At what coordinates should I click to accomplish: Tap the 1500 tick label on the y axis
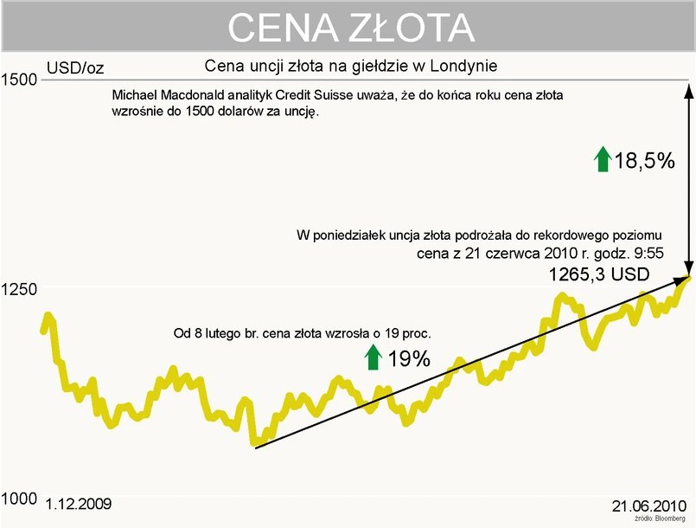point(20,80)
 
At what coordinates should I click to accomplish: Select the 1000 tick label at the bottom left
point(19,499)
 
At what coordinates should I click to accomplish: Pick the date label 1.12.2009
point(78,503)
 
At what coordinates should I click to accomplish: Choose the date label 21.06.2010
point(648,505)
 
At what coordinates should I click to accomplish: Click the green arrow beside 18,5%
point(602,158)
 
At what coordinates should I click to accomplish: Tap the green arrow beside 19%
point(373,357)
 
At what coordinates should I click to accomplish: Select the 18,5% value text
point(645,159)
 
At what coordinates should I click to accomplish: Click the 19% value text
point(409,358)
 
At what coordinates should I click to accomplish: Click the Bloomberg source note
point(654,518)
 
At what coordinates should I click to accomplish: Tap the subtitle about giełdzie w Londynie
point(351,66)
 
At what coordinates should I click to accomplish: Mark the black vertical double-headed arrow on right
point(688,178)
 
